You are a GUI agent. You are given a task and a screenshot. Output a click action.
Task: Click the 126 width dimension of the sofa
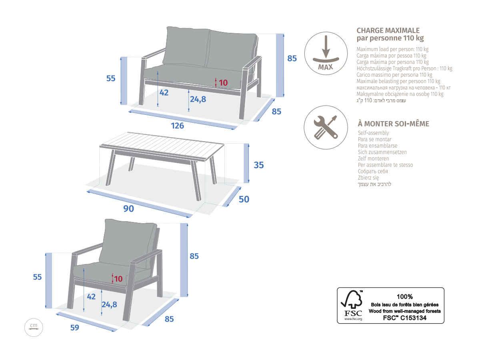(177, 126)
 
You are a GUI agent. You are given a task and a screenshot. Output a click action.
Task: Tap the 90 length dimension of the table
(128, 209)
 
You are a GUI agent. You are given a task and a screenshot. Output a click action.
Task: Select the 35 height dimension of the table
(259, 165)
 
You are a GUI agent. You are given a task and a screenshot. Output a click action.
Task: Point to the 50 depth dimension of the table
(244, 199)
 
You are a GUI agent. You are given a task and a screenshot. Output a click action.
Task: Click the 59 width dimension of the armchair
(74, 328)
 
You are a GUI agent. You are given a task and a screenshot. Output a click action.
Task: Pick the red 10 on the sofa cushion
(223, 83)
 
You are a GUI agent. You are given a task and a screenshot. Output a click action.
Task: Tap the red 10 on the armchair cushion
(118, 279)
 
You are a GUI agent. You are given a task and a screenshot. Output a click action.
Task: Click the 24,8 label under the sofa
(198, 99)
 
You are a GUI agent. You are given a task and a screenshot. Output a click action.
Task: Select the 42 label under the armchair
(91, 297)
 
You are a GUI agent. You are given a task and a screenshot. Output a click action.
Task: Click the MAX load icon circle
(326, 54)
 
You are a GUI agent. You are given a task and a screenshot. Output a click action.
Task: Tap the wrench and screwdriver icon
(326, 128)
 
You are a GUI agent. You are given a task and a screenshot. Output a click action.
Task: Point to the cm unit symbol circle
(34, 327)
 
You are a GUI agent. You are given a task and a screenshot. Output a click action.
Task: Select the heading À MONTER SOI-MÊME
(394, 124)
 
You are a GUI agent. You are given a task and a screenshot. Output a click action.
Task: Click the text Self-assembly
(373, 133)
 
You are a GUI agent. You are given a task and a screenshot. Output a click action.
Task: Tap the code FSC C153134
(405, 318)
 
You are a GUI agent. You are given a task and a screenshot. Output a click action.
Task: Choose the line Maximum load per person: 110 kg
(392, 49)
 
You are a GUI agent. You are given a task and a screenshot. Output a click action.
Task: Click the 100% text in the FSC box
(405, 297)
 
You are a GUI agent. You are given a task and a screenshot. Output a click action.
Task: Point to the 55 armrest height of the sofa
(111, 78)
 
